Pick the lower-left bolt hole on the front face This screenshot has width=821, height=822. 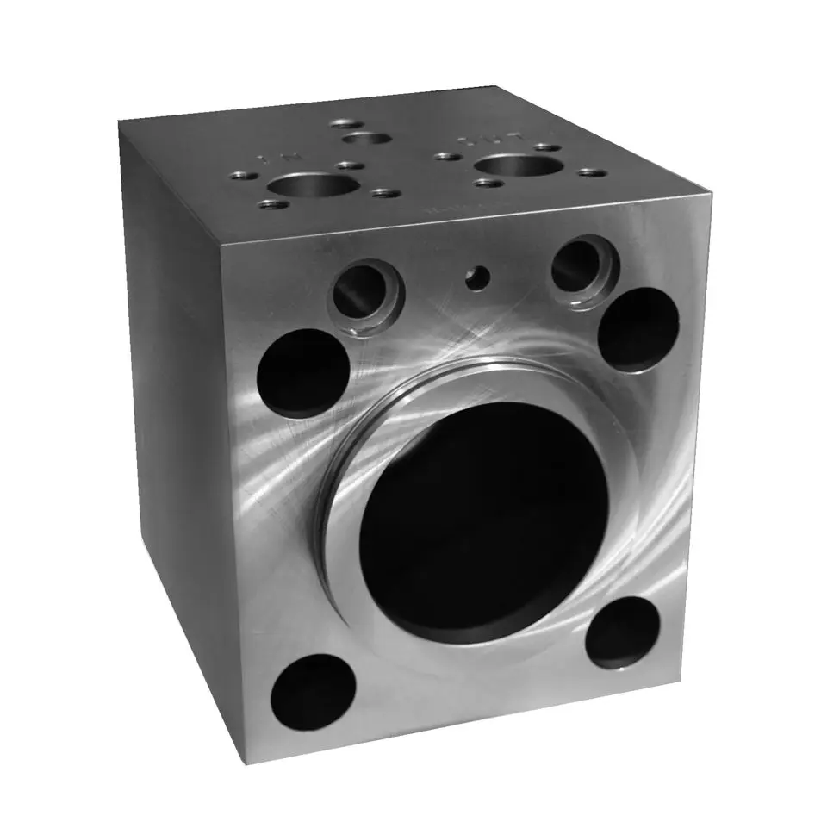[x=313, y=694]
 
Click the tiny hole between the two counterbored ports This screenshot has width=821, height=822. [x=476, y=277]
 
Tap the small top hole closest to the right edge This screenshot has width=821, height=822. [x=588, y=172]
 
